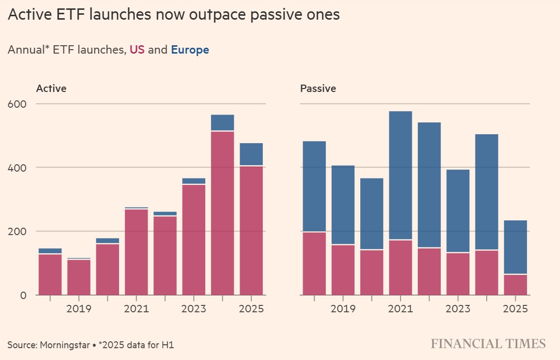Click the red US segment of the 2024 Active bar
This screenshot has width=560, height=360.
click(222, 213)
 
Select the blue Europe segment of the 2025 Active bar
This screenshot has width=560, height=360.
click(251, 154)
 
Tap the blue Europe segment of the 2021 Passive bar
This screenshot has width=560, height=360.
click(401, 175)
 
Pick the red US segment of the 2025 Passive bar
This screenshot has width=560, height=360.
click(515, 285)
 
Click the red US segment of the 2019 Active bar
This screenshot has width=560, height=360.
click(79, 277)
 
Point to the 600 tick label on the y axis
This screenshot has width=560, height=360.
click(18, 104)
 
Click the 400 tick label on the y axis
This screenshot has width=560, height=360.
click(18, 168)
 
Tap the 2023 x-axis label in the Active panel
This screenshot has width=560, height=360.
click(193, 309)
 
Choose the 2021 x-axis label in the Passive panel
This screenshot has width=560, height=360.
click(401, 309)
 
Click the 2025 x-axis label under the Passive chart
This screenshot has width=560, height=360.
click(515, 309)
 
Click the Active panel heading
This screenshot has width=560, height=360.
click(51, 89)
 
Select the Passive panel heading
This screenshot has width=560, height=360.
click(318, 89)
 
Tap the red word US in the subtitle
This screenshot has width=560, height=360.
click(137, 50)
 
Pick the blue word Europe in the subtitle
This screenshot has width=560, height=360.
click(190, 50)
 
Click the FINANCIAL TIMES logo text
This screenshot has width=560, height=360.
click(488, 344)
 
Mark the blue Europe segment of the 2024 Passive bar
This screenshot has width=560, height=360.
click(487, 192)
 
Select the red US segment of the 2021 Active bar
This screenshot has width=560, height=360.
click(136, 252)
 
